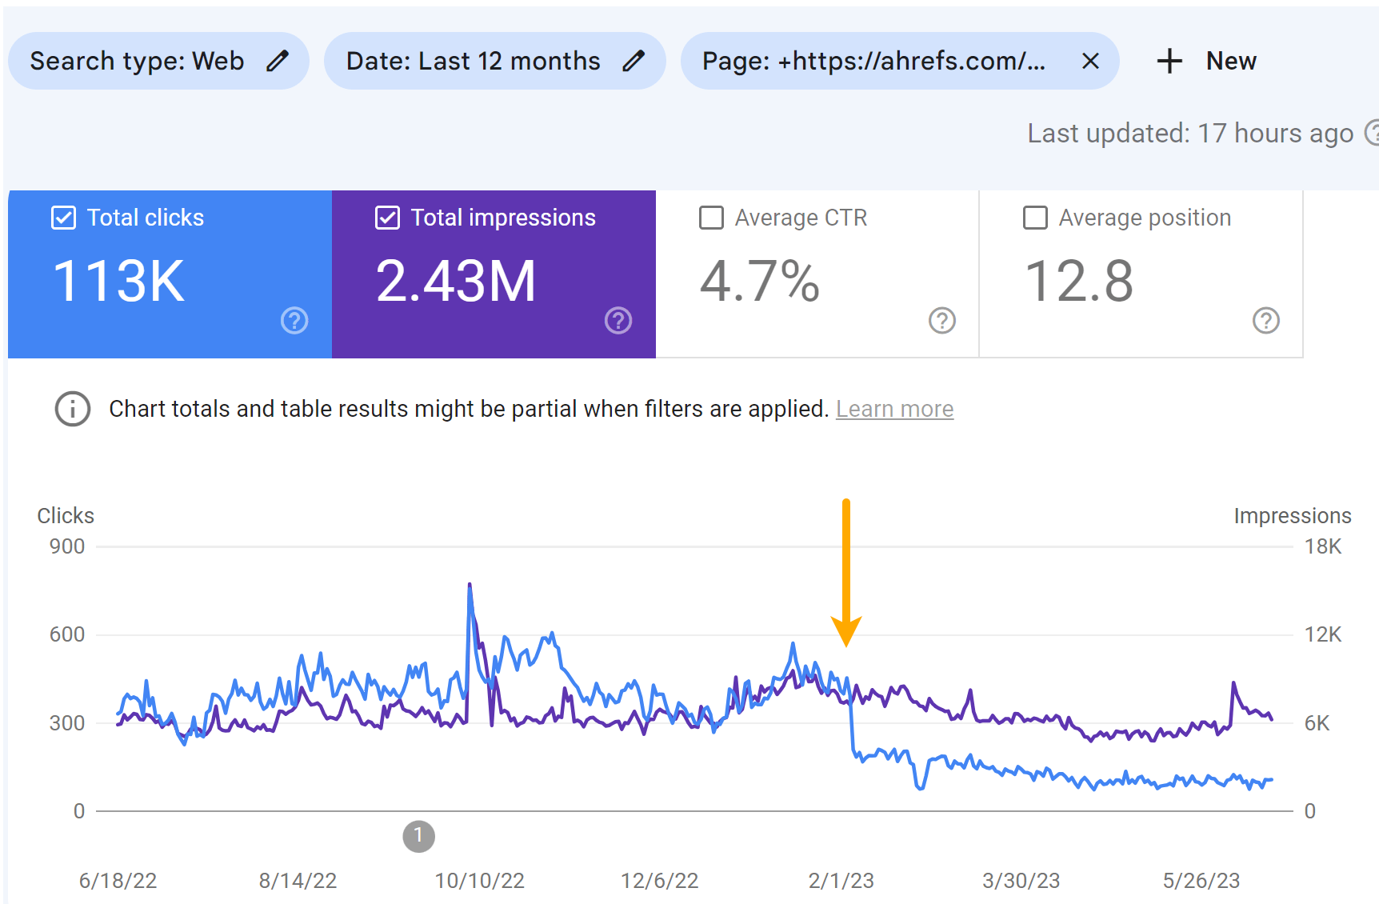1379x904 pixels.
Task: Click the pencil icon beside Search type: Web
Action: (x=278, y=61)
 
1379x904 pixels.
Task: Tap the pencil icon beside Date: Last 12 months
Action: (x=634, y=61)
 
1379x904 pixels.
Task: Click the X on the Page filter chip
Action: (x=1090, y=61)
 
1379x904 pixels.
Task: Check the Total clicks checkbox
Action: (x=63, y=218)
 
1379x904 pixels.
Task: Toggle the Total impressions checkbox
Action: (x=387, y=218)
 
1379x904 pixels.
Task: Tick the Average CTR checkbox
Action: (x=711, y=218)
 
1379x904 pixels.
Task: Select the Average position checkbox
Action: (x=1035, y=218)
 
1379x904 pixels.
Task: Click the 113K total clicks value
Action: (x=118, y=282)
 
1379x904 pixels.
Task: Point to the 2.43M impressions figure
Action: (x=456, y=282)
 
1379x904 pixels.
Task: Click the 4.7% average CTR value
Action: (x=760, y=282)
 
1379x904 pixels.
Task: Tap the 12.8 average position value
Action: (x=1079, y=282)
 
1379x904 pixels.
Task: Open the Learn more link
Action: (x=894, y=409)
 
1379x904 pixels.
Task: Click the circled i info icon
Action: (x=73, y=409)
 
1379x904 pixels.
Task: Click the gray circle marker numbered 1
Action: (x=418, y=836)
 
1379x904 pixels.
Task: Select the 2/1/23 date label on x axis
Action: (x=841, y=881)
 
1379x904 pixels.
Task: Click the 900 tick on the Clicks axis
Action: (x=67, y=546)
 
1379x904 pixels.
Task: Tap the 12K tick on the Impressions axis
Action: (x=1322, y=634)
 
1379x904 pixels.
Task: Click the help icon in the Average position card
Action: (x=1265, y=321)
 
